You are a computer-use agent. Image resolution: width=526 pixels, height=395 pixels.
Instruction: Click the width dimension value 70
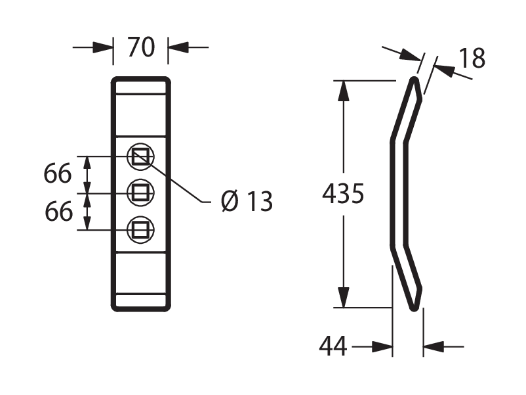pos(141,47)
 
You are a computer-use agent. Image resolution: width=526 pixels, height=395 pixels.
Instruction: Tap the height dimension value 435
pos(343,194)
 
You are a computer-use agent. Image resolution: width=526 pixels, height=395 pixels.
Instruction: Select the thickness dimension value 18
pos(472,58)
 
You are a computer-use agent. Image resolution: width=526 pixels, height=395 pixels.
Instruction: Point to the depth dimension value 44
pos(333,346)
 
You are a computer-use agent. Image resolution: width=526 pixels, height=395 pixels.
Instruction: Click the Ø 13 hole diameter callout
pos(247,201)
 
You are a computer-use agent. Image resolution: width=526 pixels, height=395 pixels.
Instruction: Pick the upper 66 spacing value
pos(58,174)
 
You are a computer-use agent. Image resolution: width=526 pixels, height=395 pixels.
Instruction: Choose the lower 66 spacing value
pos(59,211)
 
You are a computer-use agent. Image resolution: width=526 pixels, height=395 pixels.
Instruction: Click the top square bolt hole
pos(140,156)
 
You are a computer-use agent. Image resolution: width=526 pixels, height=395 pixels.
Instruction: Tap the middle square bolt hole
pos(140,193)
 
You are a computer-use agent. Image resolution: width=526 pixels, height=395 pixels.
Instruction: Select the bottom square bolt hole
pos(140,230)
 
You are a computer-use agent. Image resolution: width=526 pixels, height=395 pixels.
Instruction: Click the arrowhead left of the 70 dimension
pos(103,47)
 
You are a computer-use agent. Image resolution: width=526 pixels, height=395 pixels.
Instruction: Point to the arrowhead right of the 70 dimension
pos(178,47)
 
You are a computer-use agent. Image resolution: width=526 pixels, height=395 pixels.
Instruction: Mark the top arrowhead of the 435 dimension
pos(344,91)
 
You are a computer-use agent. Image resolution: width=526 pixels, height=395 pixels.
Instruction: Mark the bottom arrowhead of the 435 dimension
pos(344,298)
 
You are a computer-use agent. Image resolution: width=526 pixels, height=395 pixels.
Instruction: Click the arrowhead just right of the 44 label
pos(382,346)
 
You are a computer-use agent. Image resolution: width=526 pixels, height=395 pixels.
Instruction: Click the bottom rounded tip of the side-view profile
pos(415,308)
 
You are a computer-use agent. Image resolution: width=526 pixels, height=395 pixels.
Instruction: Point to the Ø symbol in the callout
pos(230,201)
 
